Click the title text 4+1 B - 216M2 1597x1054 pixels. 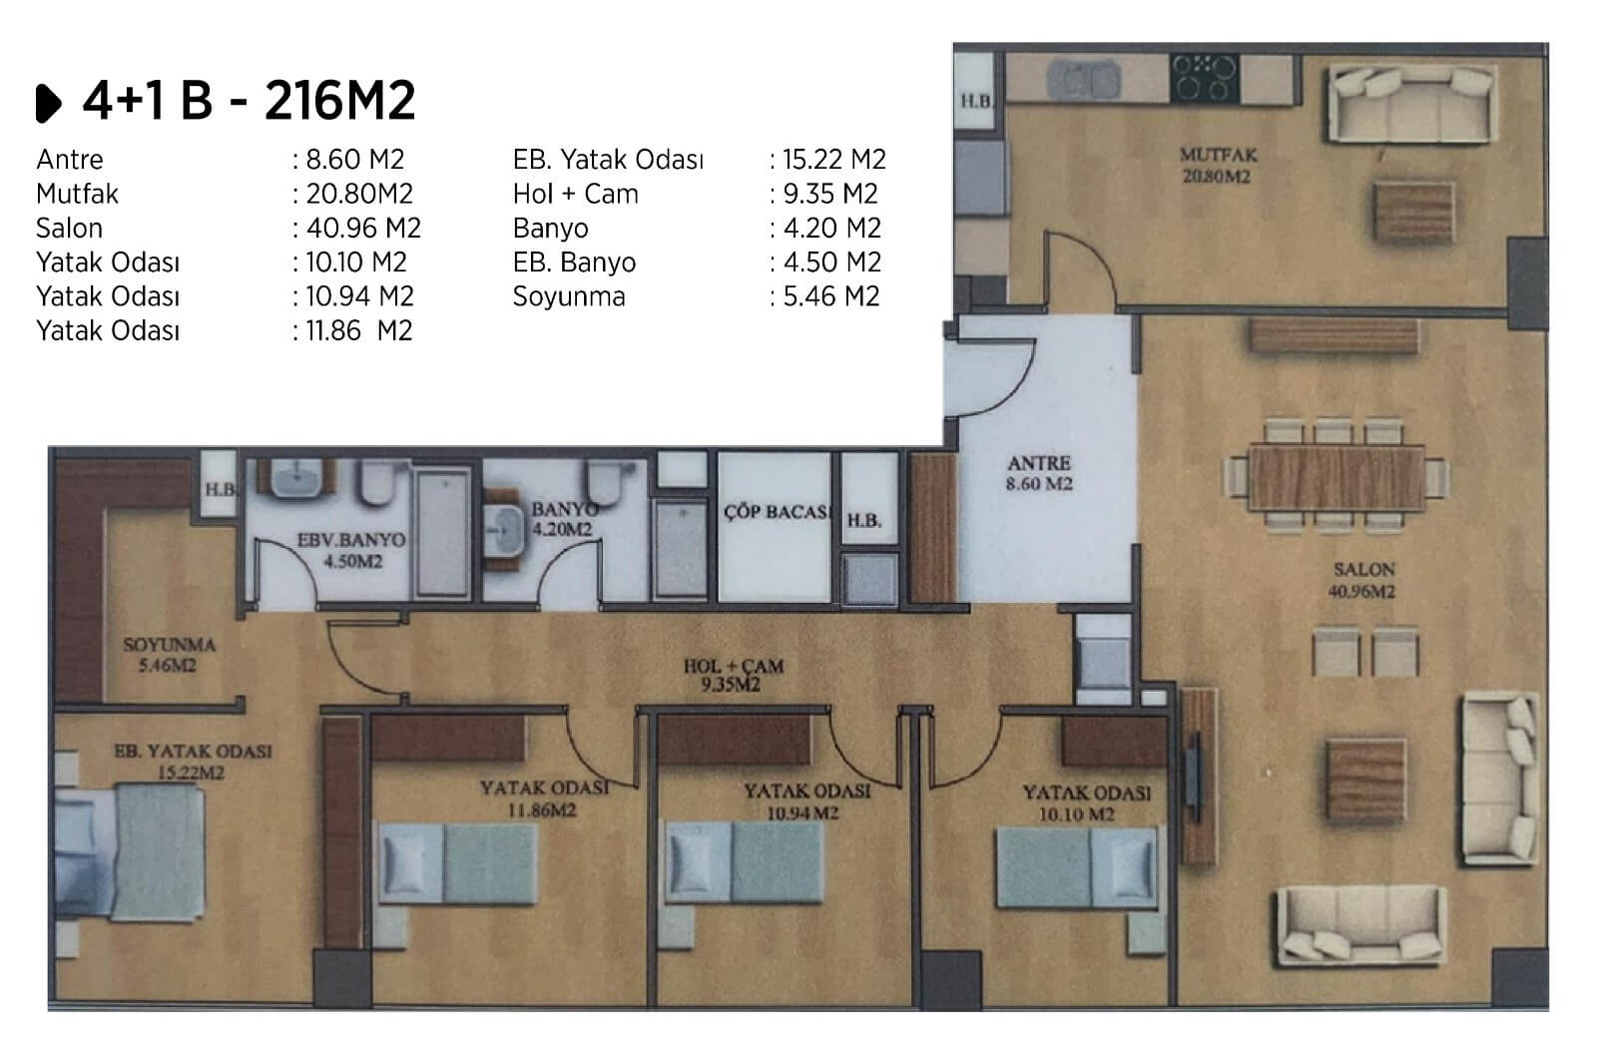[x=249, y=101]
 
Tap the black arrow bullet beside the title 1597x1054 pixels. [x=49, y=104]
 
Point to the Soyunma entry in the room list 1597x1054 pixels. [x=569, y=296]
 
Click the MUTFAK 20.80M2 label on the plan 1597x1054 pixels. [x=1218, y=165]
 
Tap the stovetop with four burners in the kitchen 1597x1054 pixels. [x=1204, y=79]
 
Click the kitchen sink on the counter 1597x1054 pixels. [x=1083, y=79]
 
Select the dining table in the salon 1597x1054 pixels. [x=1336, y=477]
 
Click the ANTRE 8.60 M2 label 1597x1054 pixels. [x=1039, y=473]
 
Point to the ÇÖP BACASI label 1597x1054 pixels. [x=778, y=512]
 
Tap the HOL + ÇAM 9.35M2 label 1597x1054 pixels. [x=733, y=676]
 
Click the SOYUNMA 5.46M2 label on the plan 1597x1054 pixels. [x=169, y=655]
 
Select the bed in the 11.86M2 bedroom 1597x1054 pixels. [x=457, y=863]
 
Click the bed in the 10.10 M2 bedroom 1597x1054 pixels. [x=1077, y=866]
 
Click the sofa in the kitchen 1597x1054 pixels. [x=1412, y=104]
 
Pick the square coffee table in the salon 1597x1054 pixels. [x=1365, y=781]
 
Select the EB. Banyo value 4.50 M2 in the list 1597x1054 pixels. [x=832, y=263]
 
